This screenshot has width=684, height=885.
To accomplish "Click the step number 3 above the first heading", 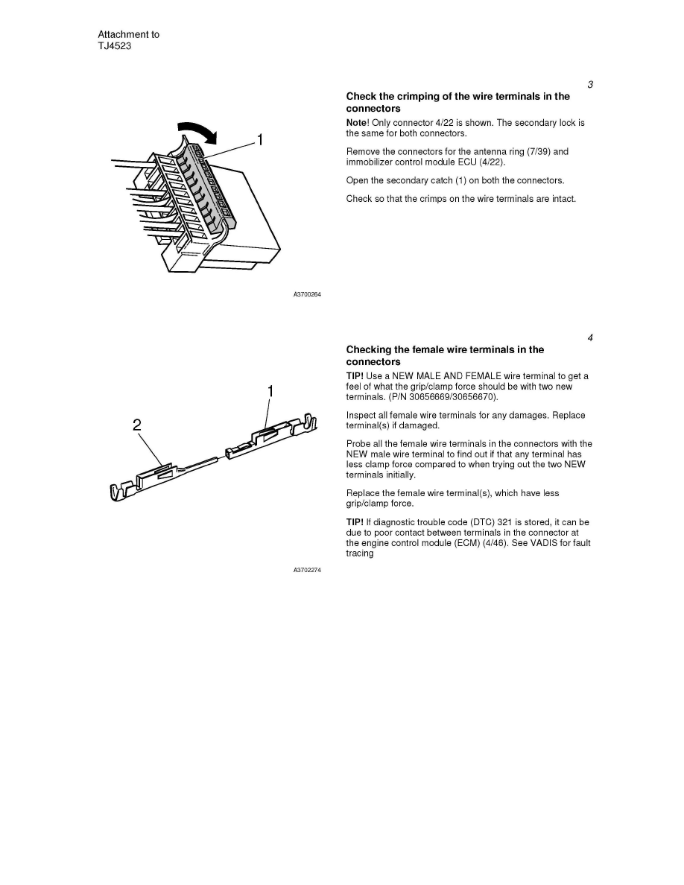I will [x=590, y=85].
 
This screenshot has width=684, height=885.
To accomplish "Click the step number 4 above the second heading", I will [x=590, y=338].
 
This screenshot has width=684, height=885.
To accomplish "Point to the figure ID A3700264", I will [x=307, y=295].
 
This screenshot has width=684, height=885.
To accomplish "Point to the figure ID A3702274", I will [x=307, y=571].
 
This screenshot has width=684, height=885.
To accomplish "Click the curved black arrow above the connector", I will [x=199, y=130].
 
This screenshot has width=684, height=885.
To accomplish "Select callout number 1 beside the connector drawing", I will [x=261, y=139].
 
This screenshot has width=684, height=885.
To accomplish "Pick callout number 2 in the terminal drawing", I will [x=137, y=425].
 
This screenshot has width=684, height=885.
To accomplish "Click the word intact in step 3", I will [x=563, y=199].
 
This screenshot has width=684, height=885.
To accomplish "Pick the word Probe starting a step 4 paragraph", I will [x=359, y=444].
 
